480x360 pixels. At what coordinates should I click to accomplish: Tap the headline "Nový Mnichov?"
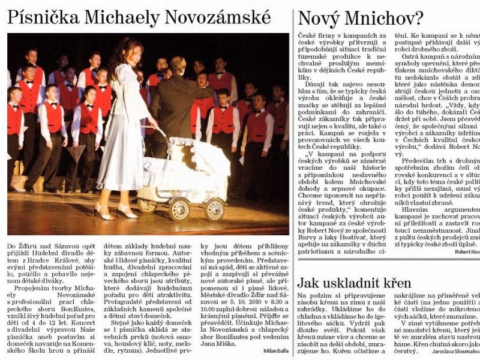click(361, 18)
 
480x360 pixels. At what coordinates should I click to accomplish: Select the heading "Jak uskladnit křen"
click(355, 283)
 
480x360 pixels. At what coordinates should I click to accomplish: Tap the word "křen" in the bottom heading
click(394, 283)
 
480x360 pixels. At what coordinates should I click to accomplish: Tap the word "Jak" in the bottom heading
click(308, 283)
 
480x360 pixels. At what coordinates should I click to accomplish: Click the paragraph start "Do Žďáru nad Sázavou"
click(36, 247)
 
